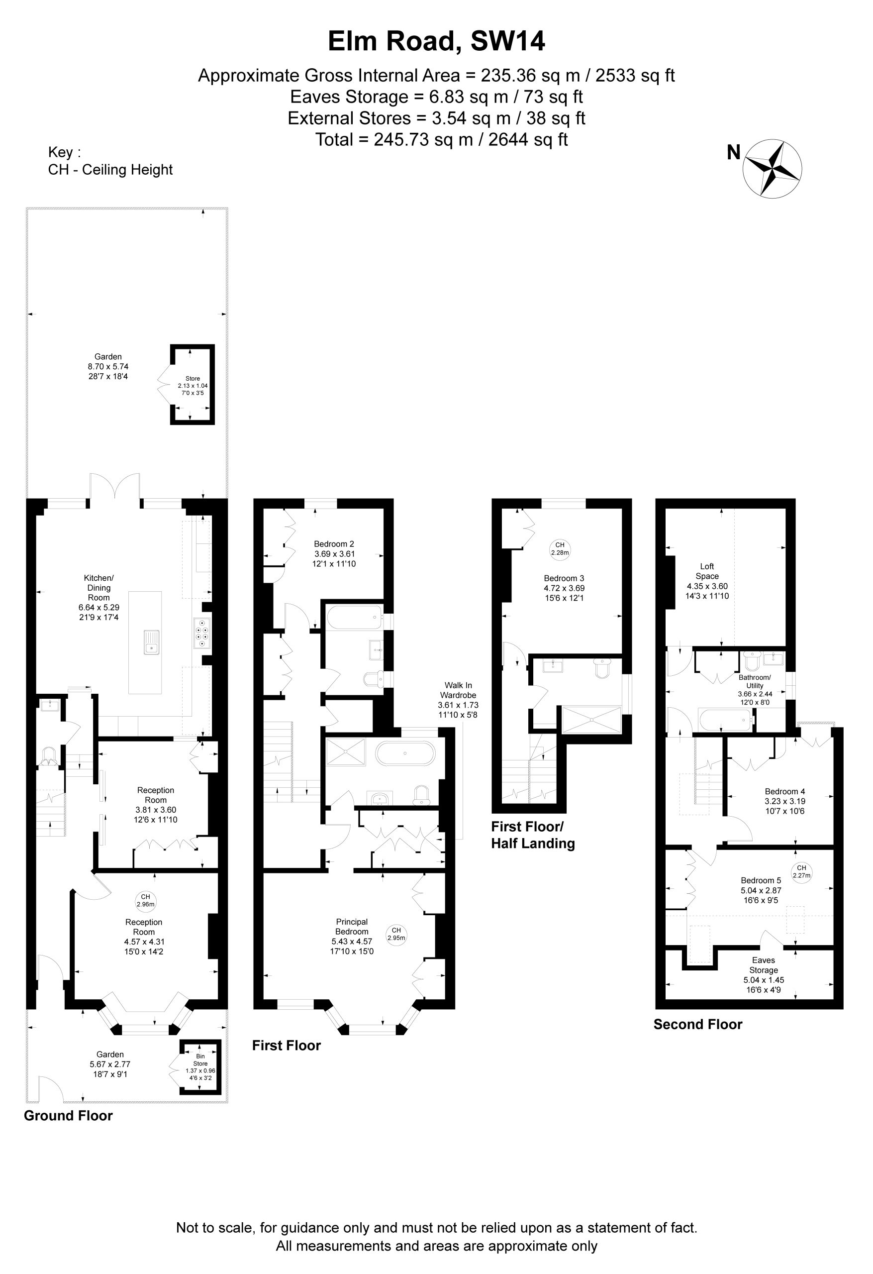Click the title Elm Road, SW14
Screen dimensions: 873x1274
(436, 42)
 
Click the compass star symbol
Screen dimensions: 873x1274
(772, 168)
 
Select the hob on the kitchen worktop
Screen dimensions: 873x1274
(201, 633)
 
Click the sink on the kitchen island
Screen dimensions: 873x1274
(151, 642)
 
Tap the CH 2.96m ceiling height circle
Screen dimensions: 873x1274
(145, 901)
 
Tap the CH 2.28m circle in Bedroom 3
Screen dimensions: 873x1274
(560, 549)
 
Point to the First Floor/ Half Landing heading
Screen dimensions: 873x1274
(533, 835)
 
